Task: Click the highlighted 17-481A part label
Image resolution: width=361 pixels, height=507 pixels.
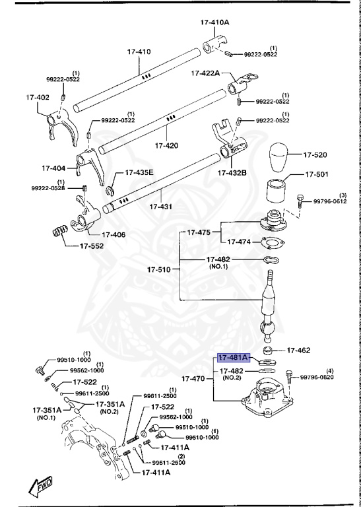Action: click(x=233, y=358)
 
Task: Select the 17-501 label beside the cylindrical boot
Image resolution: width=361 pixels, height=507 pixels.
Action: click(x=315, y=175)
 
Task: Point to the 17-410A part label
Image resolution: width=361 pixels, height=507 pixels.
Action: click(x=214, y=22)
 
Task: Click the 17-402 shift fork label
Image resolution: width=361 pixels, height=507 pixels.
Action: click(x=38, y=98)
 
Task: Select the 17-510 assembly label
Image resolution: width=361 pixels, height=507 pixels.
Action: click(x=158, y=269)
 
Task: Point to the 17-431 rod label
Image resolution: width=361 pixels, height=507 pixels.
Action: click(x=160, y=207)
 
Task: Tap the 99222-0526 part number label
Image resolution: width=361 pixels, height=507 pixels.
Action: click(x=49, y=189)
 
